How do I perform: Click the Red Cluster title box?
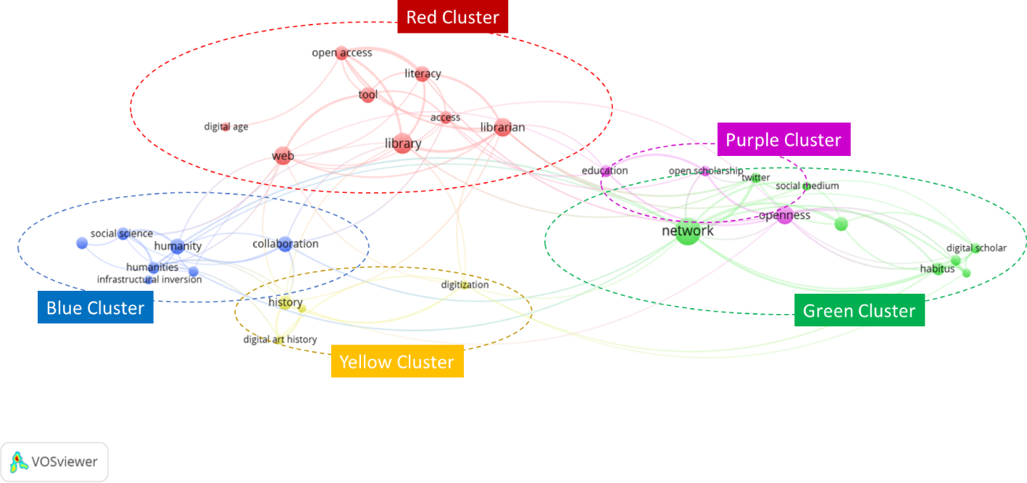point(452,17)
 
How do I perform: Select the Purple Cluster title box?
point(783,140)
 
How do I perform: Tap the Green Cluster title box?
point(859,311)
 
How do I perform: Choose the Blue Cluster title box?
point(95,308)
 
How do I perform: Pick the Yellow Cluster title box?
point(396,362)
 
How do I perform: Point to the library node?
point(403,144)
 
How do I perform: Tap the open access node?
point(342,52)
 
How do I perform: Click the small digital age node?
point(225,127)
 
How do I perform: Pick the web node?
point(283,155)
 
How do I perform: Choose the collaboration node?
point(285,244)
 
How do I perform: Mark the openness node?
point(785,215)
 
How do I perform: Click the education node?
point(606,171)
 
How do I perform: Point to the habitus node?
point(939,269)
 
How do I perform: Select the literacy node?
point(423,74)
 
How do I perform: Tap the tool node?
point(368,95)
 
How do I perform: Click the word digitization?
point(465,285)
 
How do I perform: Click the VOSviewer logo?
point(54,461)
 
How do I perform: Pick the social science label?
point(122,234)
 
